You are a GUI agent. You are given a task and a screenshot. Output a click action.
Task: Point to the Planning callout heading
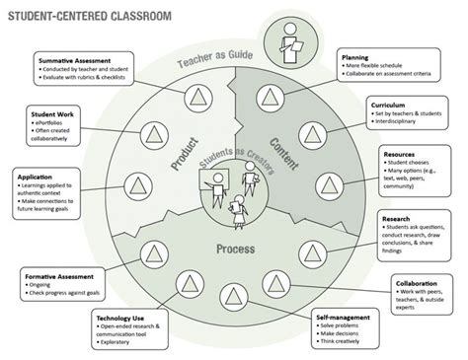point(355,58)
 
